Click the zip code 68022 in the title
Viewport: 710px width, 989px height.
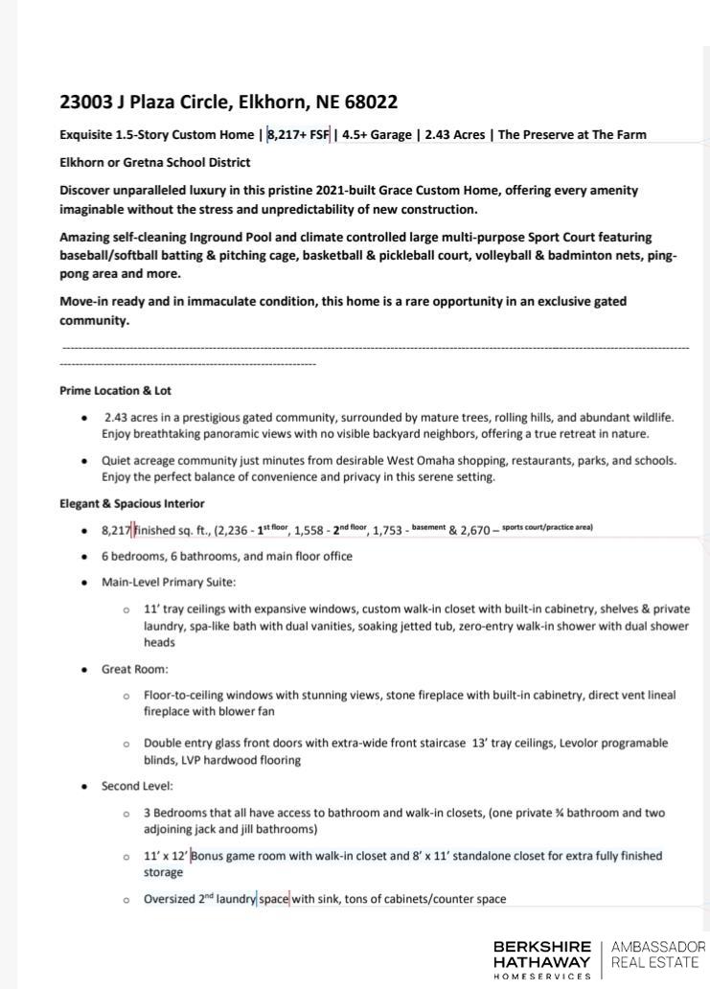[368, 102]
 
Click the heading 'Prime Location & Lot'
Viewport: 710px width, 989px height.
[115, 391]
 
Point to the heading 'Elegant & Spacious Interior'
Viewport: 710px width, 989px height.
[132, 503]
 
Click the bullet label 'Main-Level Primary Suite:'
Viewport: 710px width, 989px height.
[169, 582]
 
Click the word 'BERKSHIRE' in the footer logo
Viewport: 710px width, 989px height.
[542, 947]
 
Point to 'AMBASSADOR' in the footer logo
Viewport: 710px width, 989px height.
[657, 947]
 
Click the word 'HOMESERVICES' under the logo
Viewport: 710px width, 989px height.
[542, 977]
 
